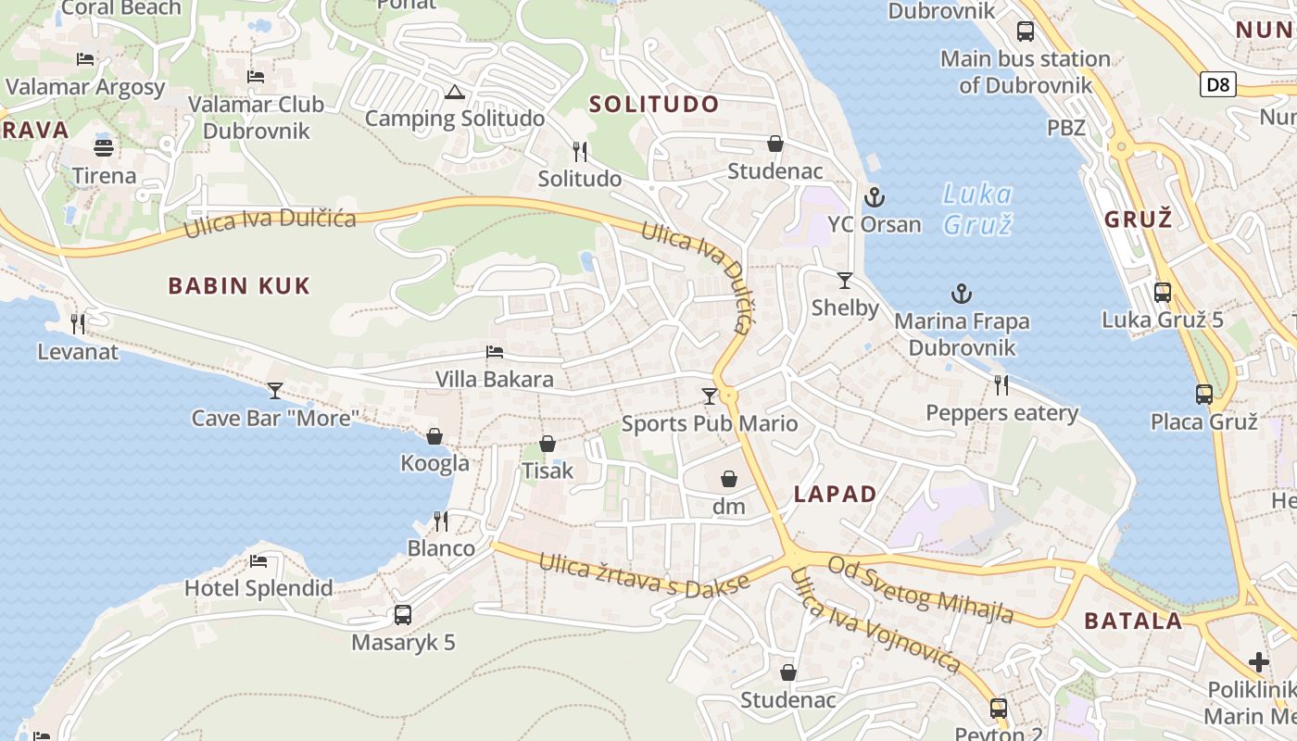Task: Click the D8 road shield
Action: [x=1219, y=85]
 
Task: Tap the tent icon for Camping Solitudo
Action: [x=454, y=92]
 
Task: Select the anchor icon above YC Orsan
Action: [x=874, y=197]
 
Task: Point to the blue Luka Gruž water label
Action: [x=976, y=208]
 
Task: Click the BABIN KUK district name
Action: [x=239, y=286]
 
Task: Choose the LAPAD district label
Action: [x=835, y=494]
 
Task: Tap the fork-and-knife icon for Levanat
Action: [x=78, y=324]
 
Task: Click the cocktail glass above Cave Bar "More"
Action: [x=275, y=390]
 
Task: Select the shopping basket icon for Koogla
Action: [x=434, y=436]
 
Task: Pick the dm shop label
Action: [x=729, y=507]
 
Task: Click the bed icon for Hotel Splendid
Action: [x=258, y=560]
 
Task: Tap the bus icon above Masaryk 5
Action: [x=403, y=614]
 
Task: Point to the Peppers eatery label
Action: [x=1002, y=413]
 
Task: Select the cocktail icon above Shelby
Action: [x=845, y=280]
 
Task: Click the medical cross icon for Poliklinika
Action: [x=1259, y=661]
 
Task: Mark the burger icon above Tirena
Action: [x=104, y=147]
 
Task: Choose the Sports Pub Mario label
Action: [x=710, y=424]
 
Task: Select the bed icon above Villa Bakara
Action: [x=495, y=352]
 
